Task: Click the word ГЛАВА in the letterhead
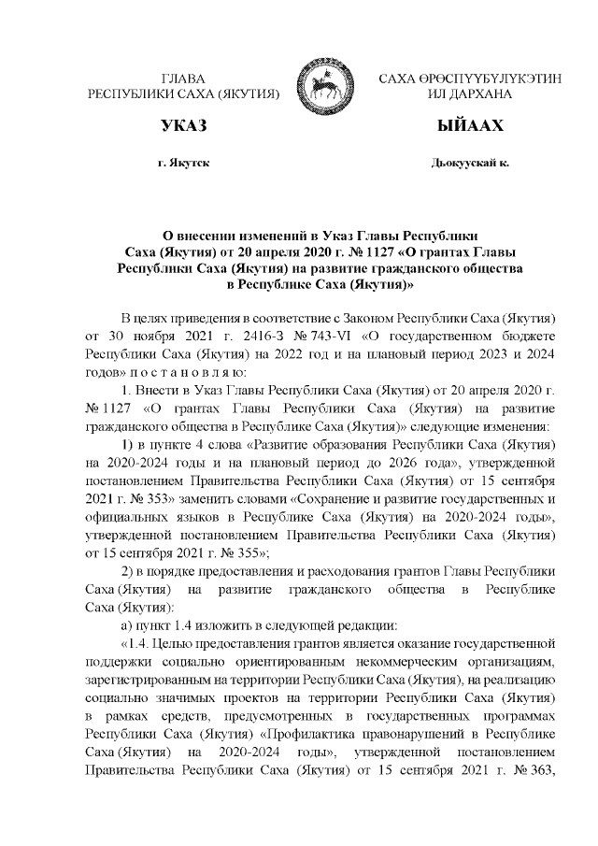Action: (x=183, y=79)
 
